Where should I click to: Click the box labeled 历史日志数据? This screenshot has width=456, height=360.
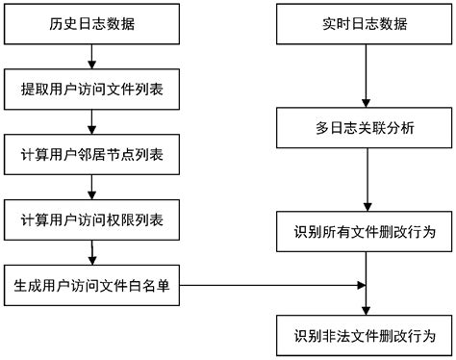click(92, 23)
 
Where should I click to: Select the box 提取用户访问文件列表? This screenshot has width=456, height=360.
click(92, 91)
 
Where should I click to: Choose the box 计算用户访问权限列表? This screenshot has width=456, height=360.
click(92, 220)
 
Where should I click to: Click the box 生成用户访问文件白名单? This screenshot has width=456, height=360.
click(92, 285)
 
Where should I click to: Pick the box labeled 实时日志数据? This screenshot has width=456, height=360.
click(364, 23)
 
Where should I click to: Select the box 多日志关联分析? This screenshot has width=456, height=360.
click(364, 126)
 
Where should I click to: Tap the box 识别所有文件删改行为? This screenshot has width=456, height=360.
click(364, 231)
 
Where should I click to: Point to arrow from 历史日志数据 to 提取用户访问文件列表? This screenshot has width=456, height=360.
click(92, 57)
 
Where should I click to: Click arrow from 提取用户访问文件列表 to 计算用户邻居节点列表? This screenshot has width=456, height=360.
click(92, 123)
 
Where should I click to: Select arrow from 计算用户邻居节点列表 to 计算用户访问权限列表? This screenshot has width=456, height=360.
click(92, 189)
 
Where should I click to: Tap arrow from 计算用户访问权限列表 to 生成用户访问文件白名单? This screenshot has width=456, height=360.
click(92, 252)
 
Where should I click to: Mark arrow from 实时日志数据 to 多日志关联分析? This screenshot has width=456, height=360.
click(364, 75)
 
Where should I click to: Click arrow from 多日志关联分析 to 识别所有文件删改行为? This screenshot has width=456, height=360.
click(364, 178)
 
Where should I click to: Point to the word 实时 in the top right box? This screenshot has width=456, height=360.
click(333, 23)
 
